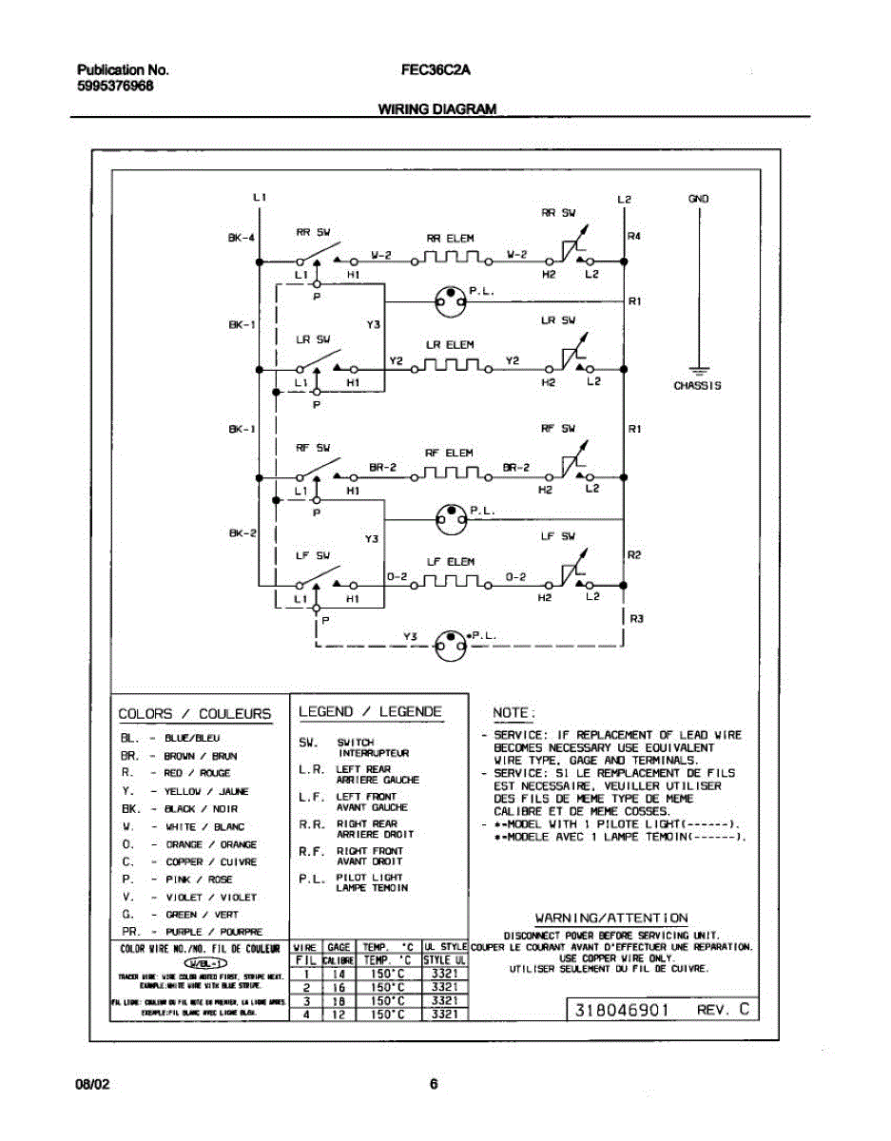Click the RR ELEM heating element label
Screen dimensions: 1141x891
pyautogui.click(x=450, y=238)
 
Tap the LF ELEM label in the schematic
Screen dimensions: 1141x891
pyautogui.click(x=450, y=562)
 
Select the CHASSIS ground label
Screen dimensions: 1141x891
pyautogui.click(x=697, y=386)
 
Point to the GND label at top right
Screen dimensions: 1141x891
pyautogui.click(x=698, y=200)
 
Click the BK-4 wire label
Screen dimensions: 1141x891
pyautogui.click(x=240, y=239)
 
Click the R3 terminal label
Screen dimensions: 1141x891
pyautogui.click(x=637, y=619)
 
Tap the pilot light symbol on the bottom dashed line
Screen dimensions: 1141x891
pyautogui.click(x=450, y=646)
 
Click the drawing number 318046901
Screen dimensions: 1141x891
pyautogui.click(x=623, y=1008)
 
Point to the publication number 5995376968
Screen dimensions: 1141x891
pyautogui.click(x=115, y=86)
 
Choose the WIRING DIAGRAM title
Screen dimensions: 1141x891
pyautogui.click(x=437, y=109)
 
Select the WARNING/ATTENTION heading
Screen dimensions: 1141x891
pyautogui.click(x=611, y=918)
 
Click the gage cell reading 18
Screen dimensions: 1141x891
pyautogui.click(x=339, y=1001)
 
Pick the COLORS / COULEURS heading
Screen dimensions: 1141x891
pyautogui.click(x=194, y=714)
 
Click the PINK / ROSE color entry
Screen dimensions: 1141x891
pyautogui.click(x=199, y=880)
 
